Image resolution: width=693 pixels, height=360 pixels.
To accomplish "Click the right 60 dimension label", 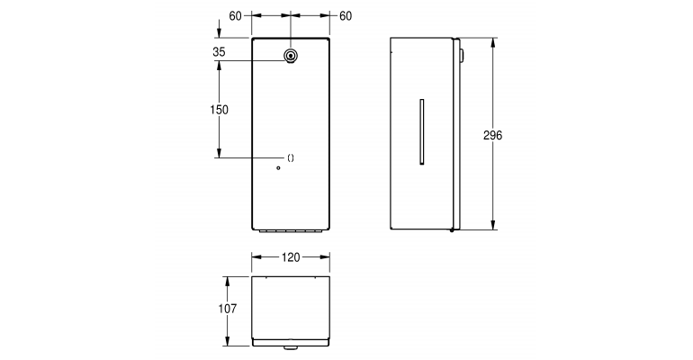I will [346, 16].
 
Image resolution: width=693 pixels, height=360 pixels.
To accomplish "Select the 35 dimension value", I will [219, 52].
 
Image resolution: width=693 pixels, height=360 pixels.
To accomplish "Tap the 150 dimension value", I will [219, 110].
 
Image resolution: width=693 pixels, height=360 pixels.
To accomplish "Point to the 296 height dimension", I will [492, 135].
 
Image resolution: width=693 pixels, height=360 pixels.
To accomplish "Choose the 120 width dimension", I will [290, 257].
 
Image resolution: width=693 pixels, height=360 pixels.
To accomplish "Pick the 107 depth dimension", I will [228, 309].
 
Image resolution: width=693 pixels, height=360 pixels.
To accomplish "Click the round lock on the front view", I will [290, 56].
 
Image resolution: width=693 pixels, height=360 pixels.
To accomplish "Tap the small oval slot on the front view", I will [290, 157].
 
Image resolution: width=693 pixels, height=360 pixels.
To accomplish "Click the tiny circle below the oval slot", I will [279, 168].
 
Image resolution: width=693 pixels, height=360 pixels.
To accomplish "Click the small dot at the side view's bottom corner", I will [452, 230].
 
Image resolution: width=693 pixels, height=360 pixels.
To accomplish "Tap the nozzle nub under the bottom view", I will [291, 346].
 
